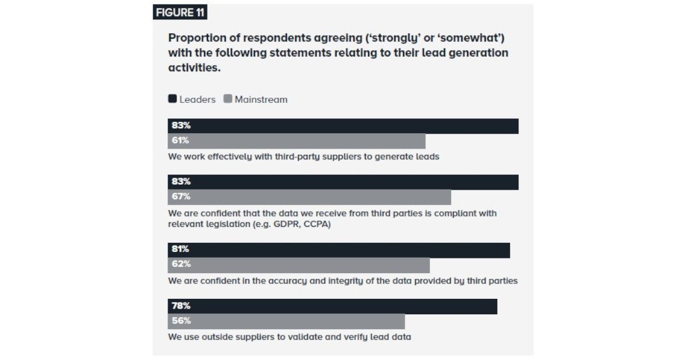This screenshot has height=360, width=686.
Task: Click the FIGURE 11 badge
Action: pos(180,12)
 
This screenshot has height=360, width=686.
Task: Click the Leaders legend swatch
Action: pos(172,99)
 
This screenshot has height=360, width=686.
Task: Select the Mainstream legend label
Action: pos(261,99)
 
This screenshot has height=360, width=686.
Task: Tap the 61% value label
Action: pos(180,141)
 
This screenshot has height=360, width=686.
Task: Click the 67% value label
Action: pos(181,197)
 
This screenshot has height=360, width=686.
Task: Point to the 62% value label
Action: pos(181,264)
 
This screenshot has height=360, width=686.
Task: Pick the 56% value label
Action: pos(181,321)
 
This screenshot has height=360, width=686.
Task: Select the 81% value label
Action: pos(181,249)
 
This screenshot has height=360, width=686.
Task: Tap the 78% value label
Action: pos(181,306)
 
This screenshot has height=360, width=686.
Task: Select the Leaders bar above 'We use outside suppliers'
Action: pos(343,306)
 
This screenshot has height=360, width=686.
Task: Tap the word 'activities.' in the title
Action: pos(194,68)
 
